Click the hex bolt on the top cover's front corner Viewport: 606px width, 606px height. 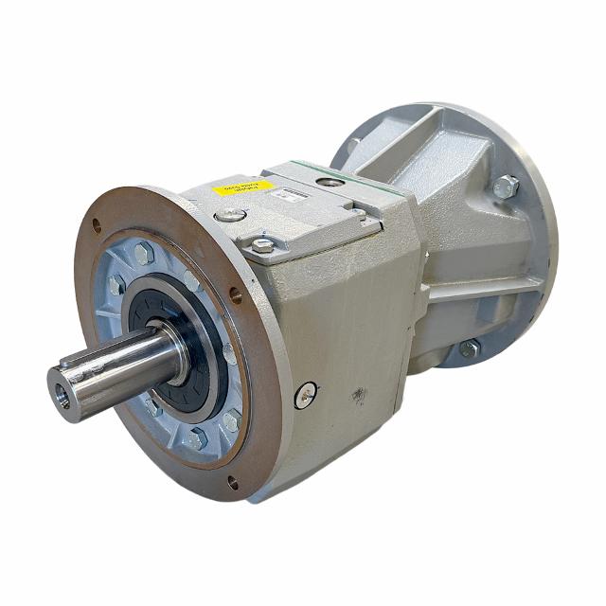[x=262, y=245]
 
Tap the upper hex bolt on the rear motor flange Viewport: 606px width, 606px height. [x=506, y=186]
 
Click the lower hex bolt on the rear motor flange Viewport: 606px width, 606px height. [x=469, y=348]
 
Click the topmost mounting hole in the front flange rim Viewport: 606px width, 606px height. [x=96, y=224]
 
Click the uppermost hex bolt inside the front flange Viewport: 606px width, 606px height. [x=143, y=253]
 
